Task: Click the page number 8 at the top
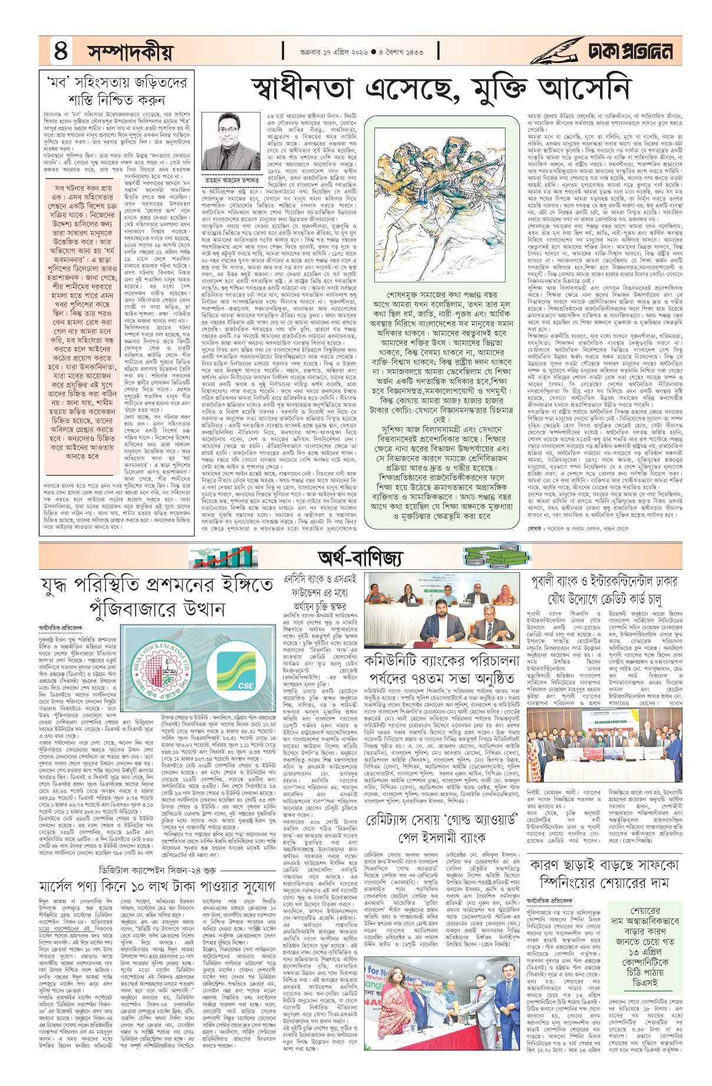(61, 51)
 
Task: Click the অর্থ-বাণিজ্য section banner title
(360, 557)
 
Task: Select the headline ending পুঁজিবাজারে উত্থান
(157, 596)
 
